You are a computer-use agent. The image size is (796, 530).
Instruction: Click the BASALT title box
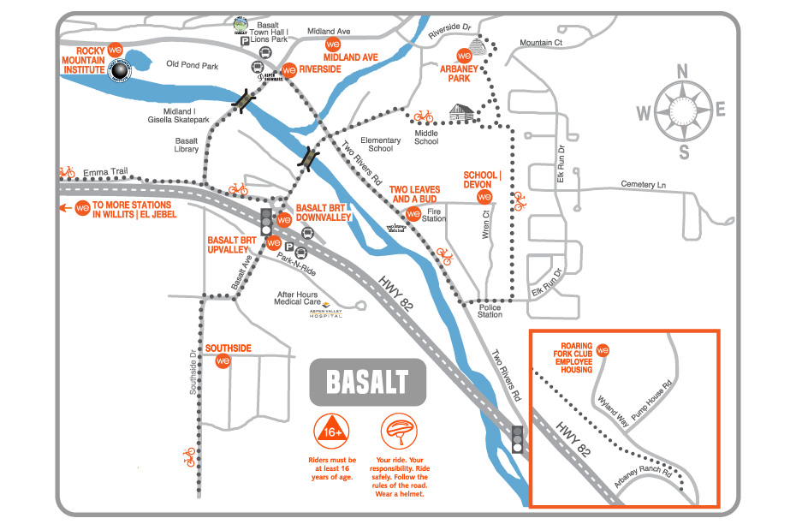pos(367,381)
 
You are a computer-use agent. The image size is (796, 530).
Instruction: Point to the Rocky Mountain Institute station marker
pos(110,49)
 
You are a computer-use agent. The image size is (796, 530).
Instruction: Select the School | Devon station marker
pos(484,197)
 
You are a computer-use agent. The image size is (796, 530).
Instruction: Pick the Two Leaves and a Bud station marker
pos(413,213)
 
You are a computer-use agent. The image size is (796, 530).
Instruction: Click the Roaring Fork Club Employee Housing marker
pos(603,350)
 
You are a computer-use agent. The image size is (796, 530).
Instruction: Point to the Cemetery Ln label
pos(645,185)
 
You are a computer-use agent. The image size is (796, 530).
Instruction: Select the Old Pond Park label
pos(193,64)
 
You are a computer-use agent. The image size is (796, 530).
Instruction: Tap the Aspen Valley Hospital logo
pos(325,316)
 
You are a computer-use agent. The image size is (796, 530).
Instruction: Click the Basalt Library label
pos(187,145)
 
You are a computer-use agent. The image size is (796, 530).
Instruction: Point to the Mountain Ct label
pos(540,42)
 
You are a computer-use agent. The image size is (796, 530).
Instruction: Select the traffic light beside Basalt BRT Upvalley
pos(266,221)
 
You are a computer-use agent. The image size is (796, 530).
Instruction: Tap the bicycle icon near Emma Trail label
pos(66,171)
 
